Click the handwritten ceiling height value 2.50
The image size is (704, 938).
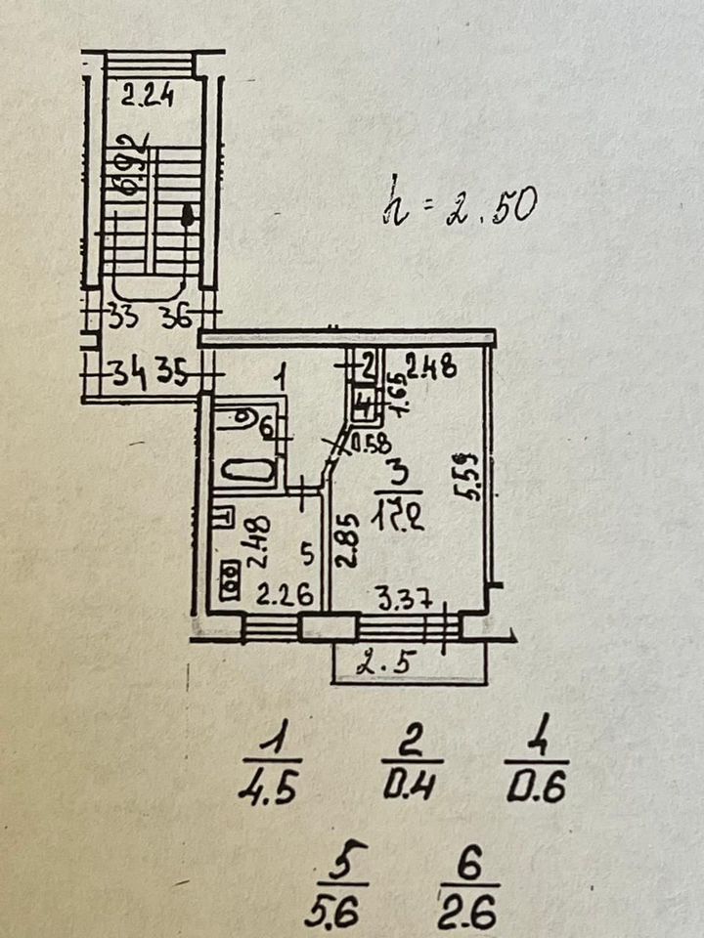click(x=490, y=208)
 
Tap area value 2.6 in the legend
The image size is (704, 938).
click(x=468, y=914)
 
